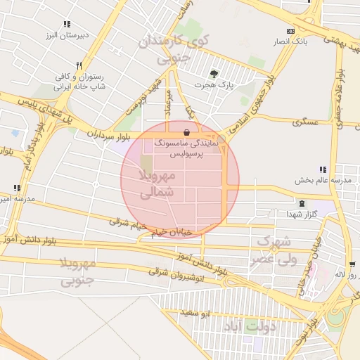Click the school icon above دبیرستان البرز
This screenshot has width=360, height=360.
coord(67,23)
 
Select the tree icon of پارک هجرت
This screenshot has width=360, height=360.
coord(214,73)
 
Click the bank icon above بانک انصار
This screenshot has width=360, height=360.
coord(290,31)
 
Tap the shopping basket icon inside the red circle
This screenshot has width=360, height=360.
coord(186,131)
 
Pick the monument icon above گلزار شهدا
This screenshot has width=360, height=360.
coord(302,202)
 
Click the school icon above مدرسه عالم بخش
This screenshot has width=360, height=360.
coord(323,169)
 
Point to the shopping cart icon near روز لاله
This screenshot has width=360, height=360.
coord(352,265)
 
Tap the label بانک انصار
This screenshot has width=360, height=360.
coord(290,42)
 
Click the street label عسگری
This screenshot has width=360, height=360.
coord(307,122)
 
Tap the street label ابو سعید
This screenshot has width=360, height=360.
coord(195,313)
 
